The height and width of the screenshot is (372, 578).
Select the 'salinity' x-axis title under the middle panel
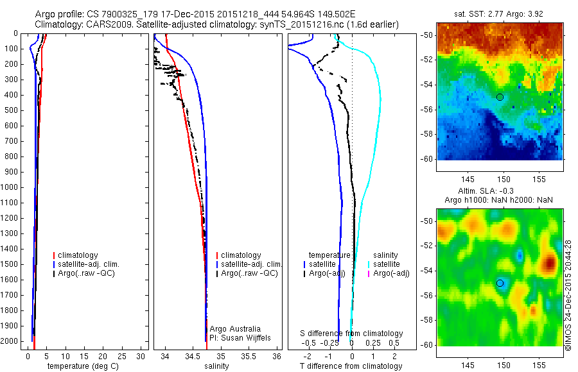(216, 366)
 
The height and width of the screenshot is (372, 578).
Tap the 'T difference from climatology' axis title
(351, 366)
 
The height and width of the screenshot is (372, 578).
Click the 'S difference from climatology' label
(352, 334)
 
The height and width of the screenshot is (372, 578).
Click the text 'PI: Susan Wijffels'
(240, 338)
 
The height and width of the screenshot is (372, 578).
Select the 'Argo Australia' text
(235, 329)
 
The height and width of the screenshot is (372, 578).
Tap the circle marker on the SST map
(500, 97)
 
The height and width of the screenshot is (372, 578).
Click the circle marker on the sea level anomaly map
(500, 283)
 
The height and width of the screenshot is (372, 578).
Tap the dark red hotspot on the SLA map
(549, 263)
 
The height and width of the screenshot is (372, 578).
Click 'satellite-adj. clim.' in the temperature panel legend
(89, 264)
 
